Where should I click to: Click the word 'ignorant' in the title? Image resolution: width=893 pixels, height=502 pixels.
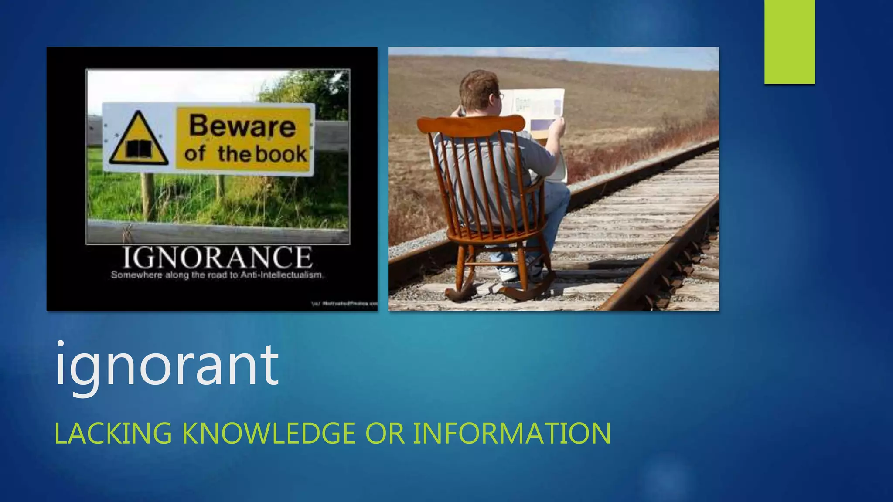(167, 365)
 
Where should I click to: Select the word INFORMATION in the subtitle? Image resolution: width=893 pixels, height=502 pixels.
(512, 433)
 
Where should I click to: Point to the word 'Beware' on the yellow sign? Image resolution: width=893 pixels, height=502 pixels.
(242, 126)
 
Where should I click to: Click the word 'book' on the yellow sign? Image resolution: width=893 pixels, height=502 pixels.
(282, 154)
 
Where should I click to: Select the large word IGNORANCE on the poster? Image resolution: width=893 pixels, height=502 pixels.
(217, 258)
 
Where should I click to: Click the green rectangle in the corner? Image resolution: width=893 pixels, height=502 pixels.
(789, 41)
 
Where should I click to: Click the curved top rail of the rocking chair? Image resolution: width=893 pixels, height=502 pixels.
(471, 125)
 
